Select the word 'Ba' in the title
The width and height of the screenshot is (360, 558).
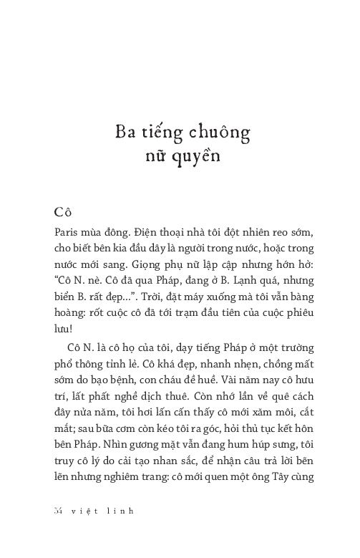click(127, 133)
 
